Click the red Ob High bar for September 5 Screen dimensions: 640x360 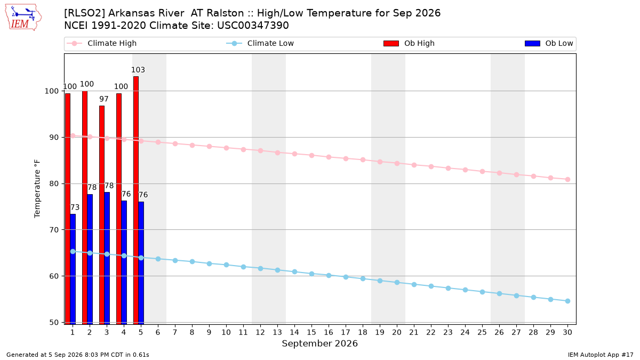136,201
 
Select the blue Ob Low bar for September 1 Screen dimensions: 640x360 73,269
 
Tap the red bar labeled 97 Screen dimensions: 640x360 102,215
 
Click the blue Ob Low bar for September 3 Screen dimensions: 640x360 107,258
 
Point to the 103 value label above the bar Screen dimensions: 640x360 138,70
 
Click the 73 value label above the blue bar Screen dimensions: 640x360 75,207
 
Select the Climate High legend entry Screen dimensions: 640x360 102,43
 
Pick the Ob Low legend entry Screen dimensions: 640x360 549,43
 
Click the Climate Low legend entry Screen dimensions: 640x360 260,43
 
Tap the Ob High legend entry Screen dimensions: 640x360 409,43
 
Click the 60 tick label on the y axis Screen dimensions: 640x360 54,276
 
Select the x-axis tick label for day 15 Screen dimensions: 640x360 311,332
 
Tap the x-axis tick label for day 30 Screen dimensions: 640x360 567,332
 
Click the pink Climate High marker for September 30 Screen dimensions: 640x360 567,179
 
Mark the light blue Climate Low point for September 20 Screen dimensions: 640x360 397,282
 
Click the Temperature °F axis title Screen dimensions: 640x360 37,189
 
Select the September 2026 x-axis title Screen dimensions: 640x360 319,343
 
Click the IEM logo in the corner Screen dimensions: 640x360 23,18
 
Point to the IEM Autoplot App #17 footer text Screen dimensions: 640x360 601,355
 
